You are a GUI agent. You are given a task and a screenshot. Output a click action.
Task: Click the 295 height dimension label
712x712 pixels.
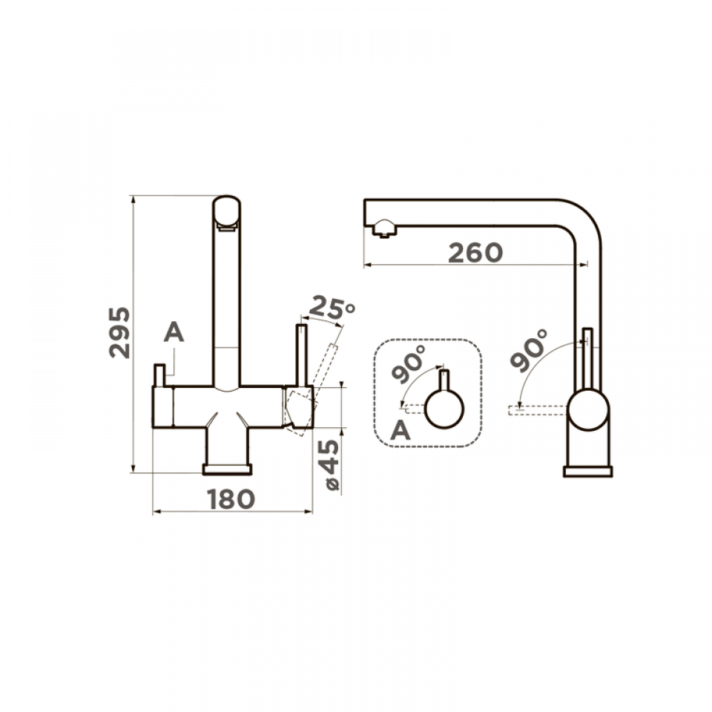pyautogui.click(x=119, y=333)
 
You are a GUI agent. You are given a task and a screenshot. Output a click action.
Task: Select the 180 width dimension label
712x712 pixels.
pyautogui.click(x=231, y=499)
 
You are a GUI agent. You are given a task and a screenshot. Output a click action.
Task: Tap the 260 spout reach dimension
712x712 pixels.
pyautogui.click(x=475, y=253)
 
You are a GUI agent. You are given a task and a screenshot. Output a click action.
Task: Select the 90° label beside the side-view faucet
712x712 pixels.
pyautogui.click(x=529, y=350)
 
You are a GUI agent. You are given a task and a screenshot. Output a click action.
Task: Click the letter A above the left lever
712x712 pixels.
pyautogui.click(x=174, y=332)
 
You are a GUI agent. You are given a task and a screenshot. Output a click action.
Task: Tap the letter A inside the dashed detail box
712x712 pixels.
pyautogui.click(x=400, y=429)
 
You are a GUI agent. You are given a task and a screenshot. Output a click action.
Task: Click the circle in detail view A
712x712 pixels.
pyautogui.click(x=444, y=409)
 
